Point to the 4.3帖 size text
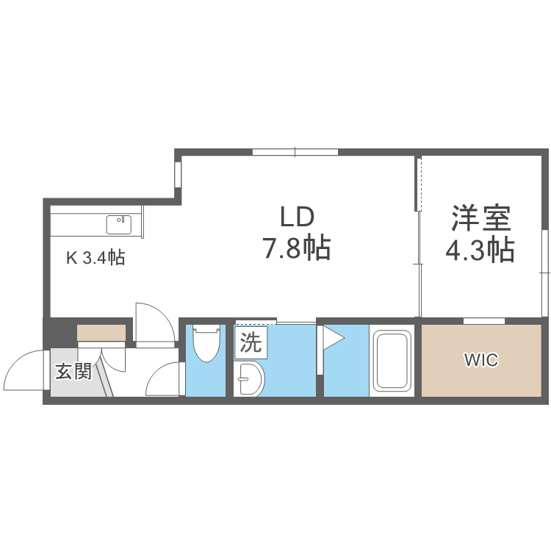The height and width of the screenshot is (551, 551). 480,251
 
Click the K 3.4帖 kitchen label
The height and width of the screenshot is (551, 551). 96,258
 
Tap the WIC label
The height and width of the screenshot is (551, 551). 480,360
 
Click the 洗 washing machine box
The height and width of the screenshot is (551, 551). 251,342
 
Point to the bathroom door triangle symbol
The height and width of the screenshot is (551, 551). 331,339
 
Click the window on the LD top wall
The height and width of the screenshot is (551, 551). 295,153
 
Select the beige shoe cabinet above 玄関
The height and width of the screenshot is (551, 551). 101,332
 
